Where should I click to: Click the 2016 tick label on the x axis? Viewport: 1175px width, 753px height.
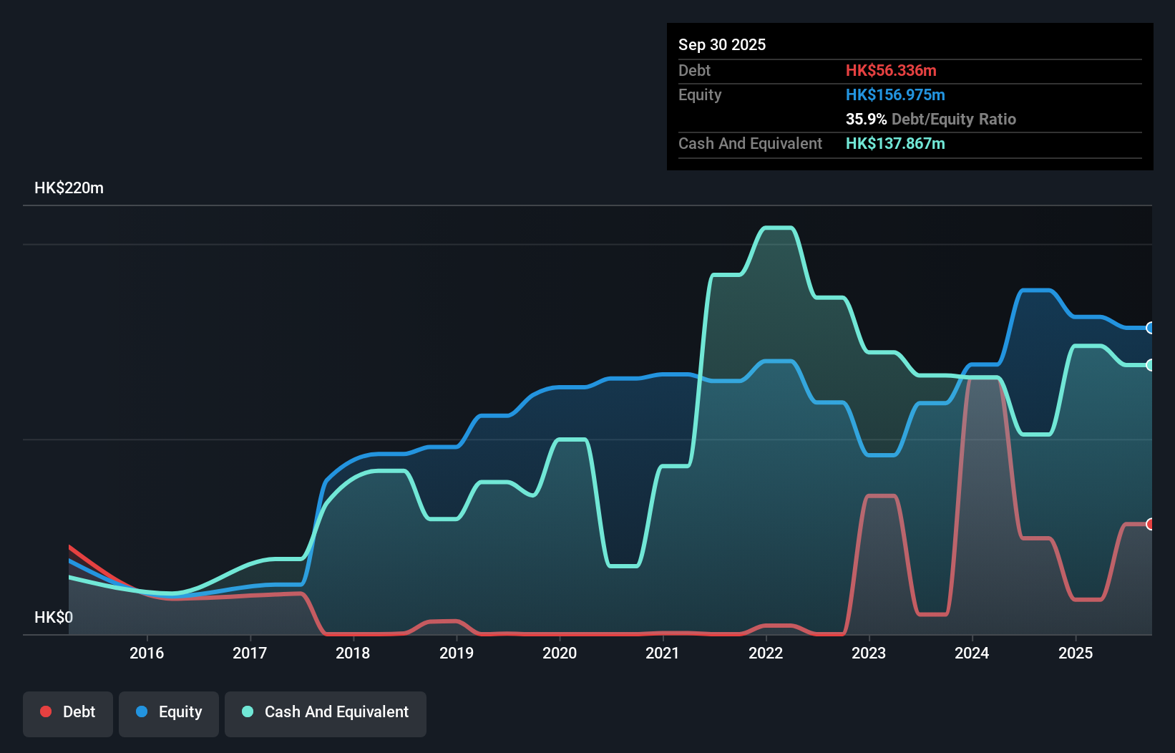point(147,653)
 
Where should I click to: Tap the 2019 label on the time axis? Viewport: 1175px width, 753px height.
point(457,653)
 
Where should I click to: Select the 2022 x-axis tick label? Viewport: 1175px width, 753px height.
point(766,653)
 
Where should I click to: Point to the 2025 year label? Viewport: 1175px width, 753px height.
point(1076,653)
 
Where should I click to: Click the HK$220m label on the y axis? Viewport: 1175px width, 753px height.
point(69,188)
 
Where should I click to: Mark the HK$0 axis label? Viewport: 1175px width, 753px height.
point(54,617)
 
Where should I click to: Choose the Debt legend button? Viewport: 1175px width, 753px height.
point(68,712)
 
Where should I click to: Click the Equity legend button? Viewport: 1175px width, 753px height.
point(169,712)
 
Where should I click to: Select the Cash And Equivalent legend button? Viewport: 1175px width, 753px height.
point(326,712)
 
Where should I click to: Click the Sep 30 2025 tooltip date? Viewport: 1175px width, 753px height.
point(721,44)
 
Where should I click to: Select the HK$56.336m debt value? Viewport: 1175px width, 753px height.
point(891,70)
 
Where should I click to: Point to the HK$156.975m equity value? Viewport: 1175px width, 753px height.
point(895,94)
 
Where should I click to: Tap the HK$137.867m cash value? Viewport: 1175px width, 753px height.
point(895,143)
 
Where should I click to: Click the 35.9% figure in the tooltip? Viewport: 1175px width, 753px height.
point(866,119)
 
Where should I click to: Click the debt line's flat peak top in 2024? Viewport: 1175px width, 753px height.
point(984,378)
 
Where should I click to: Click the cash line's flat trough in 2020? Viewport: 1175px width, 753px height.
point(623,565)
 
